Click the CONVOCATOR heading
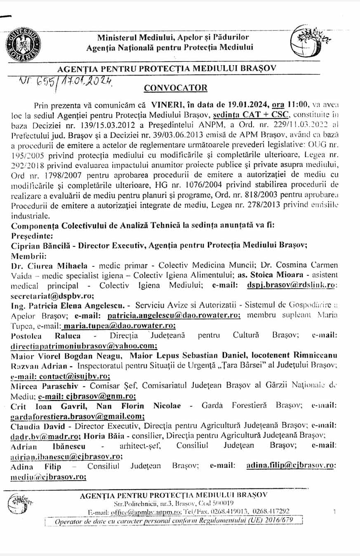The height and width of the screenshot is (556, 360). point(175,88)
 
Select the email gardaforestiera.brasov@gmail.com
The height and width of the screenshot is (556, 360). point(78,416)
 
